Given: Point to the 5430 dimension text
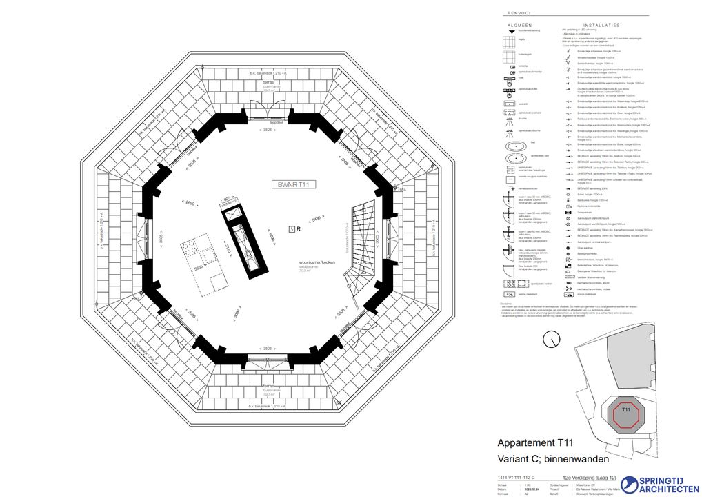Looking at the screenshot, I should point(316,219).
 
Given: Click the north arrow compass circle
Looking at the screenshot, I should point(550,340).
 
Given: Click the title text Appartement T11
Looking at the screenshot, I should point(535,443).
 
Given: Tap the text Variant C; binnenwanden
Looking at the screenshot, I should point(554,458).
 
